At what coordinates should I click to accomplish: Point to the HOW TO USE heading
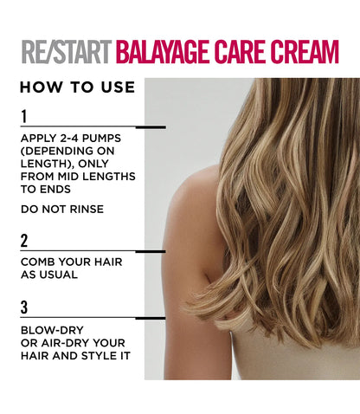[77, 87]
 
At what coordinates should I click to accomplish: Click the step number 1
[24, 116]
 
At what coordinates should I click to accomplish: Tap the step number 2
[24, 241]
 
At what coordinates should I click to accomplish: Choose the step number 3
[24, 307]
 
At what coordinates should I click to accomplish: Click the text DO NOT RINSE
[62, 208]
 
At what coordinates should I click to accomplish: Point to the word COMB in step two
[37, 262]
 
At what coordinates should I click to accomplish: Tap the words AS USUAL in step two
[51, 274]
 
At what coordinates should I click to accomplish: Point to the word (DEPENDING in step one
[61, 151]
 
